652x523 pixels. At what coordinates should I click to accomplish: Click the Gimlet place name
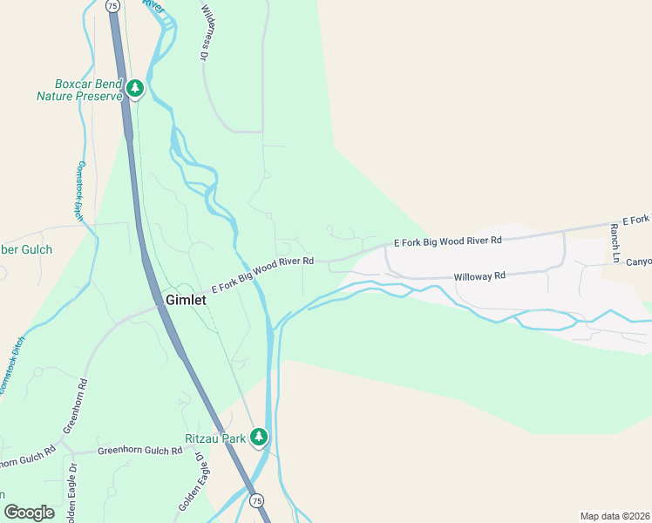coord(186,300)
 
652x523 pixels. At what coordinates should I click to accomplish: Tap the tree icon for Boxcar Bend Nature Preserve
coord(135,88)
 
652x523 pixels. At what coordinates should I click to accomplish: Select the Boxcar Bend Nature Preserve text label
coord(78,90)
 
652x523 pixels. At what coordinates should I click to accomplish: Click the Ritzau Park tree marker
coord(258,437)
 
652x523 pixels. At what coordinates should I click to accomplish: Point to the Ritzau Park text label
coord(215,438)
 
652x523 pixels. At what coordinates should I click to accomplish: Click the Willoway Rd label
coord(479,276)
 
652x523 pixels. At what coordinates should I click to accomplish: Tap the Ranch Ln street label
coord(615,243)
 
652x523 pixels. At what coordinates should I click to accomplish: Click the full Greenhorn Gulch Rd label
coord(139,451)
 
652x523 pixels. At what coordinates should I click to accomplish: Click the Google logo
coord(29,513)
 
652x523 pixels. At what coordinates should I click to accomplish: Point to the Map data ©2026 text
coord(615,516)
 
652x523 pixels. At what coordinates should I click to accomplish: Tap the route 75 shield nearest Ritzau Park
coord(255,501)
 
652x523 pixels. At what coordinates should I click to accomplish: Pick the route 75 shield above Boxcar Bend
coord(112,5)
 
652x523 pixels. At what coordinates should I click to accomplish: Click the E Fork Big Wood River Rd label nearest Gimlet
coord(261,273)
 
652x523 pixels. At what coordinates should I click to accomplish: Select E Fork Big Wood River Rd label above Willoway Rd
coord(448,241)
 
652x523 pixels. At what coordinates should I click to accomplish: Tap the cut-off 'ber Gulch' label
coord(26,249)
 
